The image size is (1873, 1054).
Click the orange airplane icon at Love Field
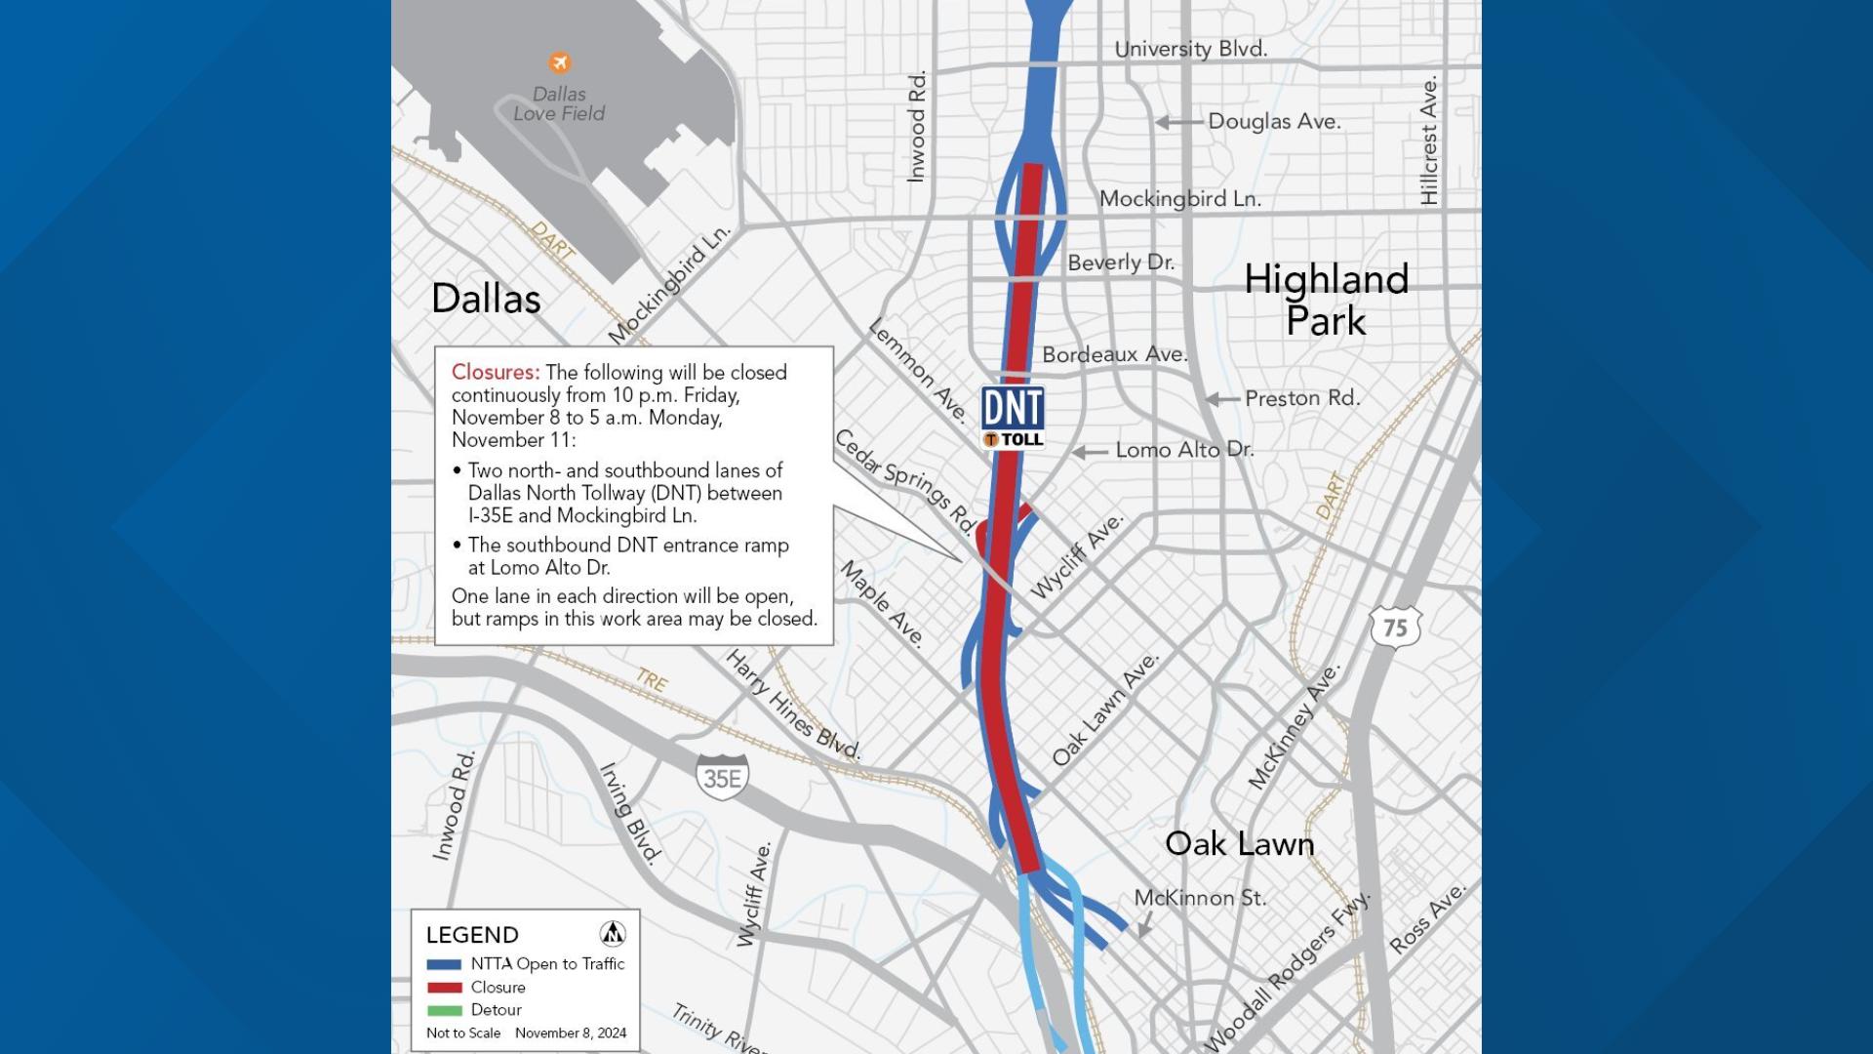tap(559, 63)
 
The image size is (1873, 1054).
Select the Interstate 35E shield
tap(723, 777)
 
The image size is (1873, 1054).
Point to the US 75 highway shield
tap(1395, 627)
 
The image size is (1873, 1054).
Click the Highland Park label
tap(1326, 300)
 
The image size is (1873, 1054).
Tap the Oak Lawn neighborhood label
tap(1239, 844)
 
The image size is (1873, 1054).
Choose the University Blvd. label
tap(1190, 49)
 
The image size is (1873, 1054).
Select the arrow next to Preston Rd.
tap(1222, 399)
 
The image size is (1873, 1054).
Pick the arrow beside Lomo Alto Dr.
tap(1090, 452)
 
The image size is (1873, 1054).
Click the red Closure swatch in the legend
tap(444, 988)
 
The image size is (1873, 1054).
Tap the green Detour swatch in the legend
tap(444, 1010)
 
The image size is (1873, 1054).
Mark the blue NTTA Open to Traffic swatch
tap(444, 964)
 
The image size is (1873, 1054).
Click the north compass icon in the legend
tap(613, 934)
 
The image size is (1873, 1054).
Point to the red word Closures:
tap(495, 373)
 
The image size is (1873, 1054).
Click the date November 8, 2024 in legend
tap(571, 1034)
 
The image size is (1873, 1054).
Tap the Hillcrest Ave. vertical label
tap(1429, 141)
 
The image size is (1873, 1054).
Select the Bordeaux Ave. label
tap(1114, 354)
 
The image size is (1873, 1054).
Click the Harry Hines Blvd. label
tap(793, 706)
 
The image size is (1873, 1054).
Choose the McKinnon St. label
tap(1200, 898)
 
